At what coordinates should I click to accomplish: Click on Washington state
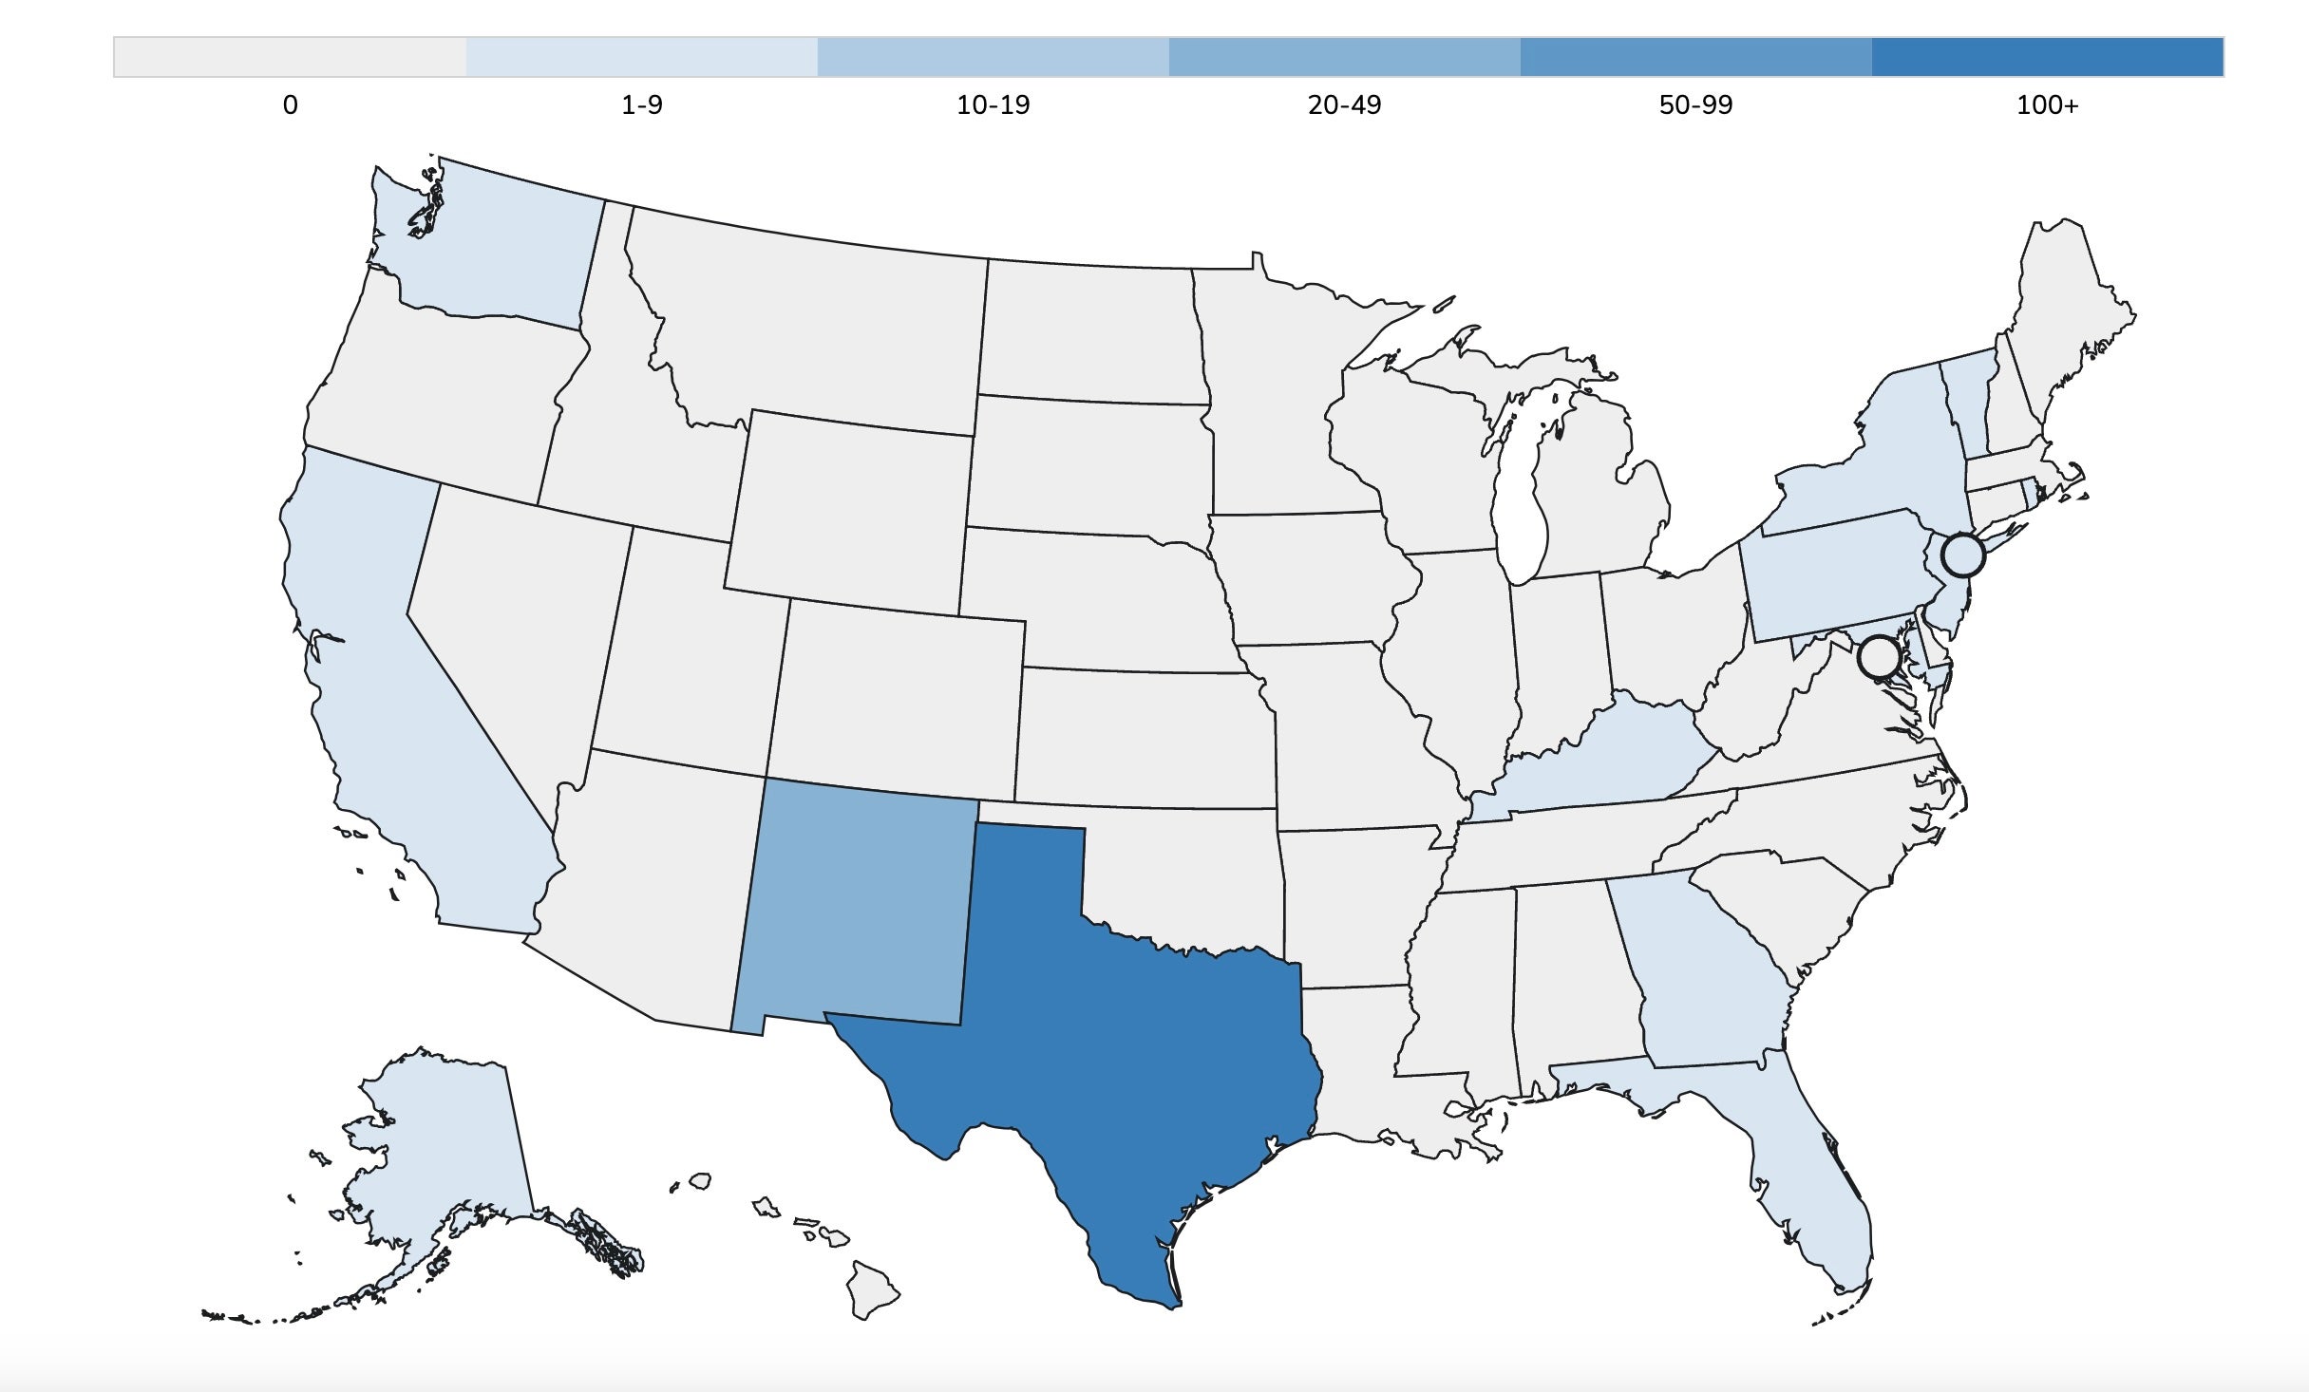coord(494,247)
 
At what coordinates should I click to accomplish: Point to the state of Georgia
coord(1700,978)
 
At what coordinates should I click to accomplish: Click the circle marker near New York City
coord(1963,555)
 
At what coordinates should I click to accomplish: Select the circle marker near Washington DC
coord(1879,656)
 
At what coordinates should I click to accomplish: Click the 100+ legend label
coord(2047,105)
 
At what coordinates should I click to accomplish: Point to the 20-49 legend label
coord(1344,105)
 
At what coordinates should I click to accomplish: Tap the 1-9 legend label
coord(642,105)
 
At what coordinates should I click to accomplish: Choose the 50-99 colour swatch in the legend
coord(1695,57)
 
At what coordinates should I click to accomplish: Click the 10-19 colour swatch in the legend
coord(993,57)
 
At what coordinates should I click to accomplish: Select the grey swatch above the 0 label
coord(290,57)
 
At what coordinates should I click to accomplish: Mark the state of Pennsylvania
coord(1833,579)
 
